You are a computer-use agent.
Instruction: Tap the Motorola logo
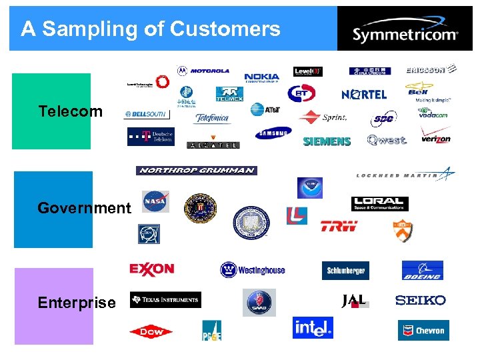coord(203,71)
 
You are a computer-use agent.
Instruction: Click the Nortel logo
coord(364,95)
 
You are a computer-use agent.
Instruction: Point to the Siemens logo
coord(327,141)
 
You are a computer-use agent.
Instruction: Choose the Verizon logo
coord(435,138)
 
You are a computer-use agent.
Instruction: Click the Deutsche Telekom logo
coord(151,137)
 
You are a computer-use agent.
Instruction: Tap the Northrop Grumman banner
coord(196,171)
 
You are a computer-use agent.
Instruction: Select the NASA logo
coord(155,201)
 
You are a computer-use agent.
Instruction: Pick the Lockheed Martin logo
coord(405,175)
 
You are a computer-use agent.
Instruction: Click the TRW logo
coord(339,226)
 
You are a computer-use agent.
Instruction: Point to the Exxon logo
coord(152,269)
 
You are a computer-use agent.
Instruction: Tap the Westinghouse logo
coord(253,270)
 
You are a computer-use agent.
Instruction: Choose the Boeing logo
coord(422,271)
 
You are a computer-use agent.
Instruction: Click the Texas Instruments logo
coord(165,300)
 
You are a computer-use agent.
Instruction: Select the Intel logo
coord(313,327)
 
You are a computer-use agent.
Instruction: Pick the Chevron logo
coord(423,330)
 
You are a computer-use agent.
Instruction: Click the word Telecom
coord(71,111)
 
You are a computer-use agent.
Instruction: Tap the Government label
coord(84,208)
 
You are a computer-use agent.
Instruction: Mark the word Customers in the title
coord(225,29)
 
